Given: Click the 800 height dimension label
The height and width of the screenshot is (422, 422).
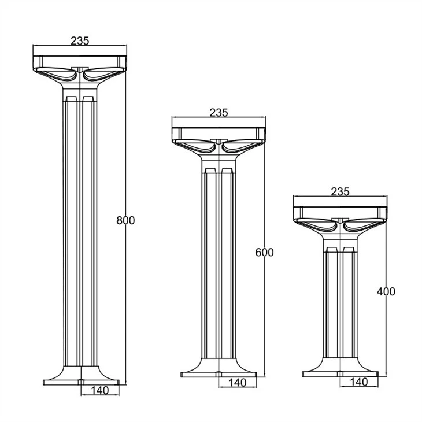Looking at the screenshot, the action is pyautogui.click(x=125, y=220).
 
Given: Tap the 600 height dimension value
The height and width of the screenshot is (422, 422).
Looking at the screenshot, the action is pyautogui.click(x=264, y=253).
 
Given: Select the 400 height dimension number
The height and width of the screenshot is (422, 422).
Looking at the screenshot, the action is pyautogui.click(x=386, y=292).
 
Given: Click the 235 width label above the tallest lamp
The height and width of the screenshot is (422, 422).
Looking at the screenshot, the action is pyautogui.click(x=80, y=40).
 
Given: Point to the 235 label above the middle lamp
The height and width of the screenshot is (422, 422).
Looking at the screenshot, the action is pyautogui.click(x=219, y=113).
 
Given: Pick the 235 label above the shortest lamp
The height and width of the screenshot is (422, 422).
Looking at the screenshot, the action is pyautogui.click(x=340, y=191).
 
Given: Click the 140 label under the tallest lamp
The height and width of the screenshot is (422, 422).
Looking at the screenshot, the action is pyautogui.click(x=100, y=390).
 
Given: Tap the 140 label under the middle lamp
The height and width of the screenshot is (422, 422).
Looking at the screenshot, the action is pyautogui.click(x=238, y=383).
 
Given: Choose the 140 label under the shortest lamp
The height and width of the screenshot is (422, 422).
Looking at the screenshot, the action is pyautogui.click(x=359, y=382).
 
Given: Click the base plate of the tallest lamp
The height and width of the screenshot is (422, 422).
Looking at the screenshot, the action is pyautogui.click(x=81, y=383).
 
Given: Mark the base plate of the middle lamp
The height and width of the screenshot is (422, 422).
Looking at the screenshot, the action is pyautogui.click(x=219, y=375).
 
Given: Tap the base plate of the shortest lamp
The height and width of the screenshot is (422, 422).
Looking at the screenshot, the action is pyautogui.click(x=340, y=374).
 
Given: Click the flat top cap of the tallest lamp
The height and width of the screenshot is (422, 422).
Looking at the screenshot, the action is pyautogui.click(x=80, y=62).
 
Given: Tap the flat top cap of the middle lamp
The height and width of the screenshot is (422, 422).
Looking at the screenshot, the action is pyautogui.click(x=219, y=134).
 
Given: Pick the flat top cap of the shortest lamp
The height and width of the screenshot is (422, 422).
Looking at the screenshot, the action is pyautogui.click(x=340, y=213).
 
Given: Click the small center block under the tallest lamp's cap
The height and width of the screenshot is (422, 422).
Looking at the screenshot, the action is pyautogui.click(x=80, y=69).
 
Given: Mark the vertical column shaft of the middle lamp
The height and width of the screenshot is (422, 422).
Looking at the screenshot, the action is pyautogui.click(x=219, y=266).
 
